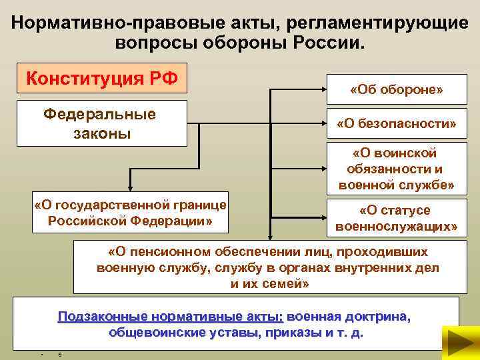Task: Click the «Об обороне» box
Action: pyautogui.click(x=397, y=89)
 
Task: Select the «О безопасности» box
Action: pyautogui.click(x=397, y=125)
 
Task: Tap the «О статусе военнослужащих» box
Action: pyautogui.click(x=397, y=219)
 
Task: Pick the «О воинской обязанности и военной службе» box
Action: pyautogui.click(x=397, y=169)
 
